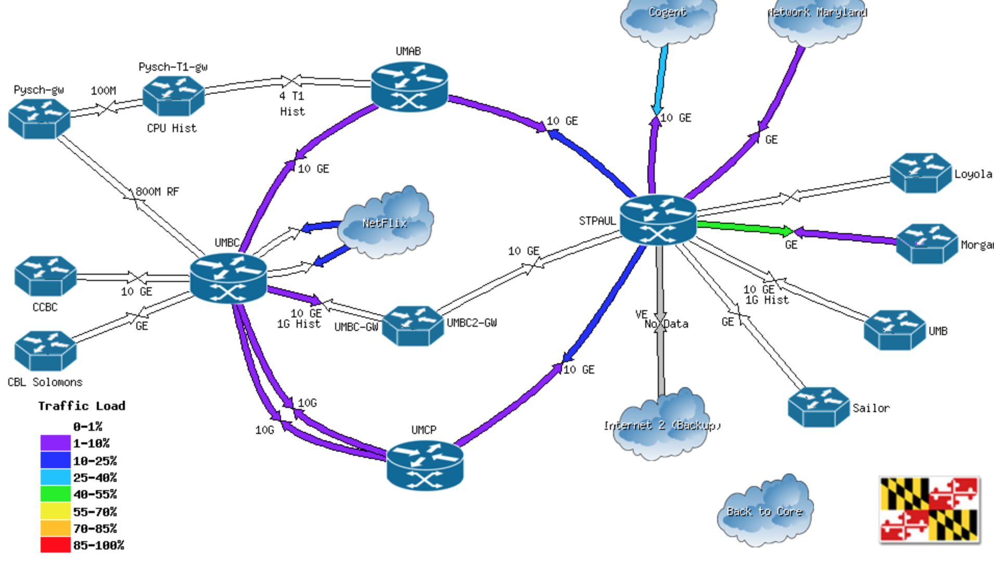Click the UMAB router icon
(409, 87)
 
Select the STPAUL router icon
(658, 220)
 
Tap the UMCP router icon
(425, 466)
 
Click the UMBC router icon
(228, 278)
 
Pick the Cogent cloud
(668, 21)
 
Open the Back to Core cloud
(764, 511)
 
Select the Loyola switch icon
(920, 173)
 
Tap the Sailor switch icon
(819, 407)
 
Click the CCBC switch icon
(45, 276)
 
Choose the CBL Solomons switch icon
(45, 351)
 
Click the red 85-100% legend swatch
(55, 545)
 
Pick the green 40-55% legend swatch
(55, 494)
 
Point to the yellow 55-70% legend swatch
(55, 511)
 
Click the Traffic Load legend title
(82, 406)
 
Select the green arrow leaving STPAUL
(744, 227)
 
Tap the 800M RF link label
(157, 192)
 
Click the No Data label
(667, 324)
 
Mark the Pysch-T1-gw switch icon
(173, 96)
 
